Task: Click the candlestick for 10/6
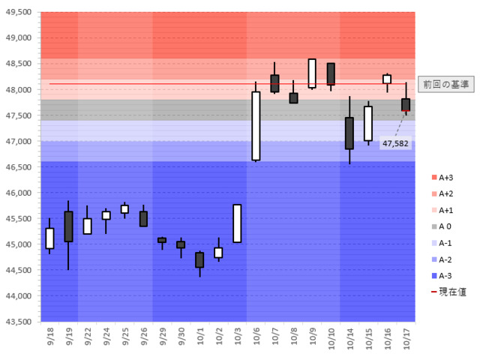(x=256, y=126)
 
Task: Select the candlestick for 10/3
(x=237, y=223)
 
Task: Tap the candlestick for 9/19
(x=68, y=226)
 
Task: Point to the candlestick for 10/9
(x=312, y=73)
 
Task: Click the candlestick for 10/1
(x=199, y=259)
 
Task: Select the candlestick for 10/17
(x=406, y=105)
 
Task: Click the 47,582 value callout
(x=395, y=142)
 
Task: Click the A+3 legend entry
(x=441, y=177)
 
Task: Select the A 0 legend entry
(x=441, y=226)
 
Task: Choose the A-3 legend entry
(x=441, y=275)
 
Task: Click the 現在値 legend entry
(x=445, y=292)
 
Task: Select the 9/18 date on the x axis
(x=49, y=337)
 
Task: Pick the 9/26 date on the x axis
(x=143, y=337)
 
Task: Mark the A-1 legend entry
(x=441, y=242)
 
